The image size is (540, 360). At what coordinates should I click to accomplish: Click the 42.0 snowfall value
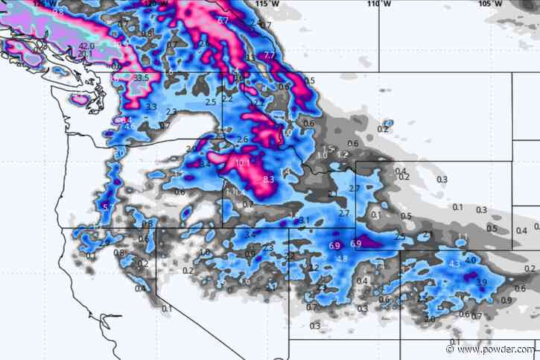pyautogui.click(x=86, y=45)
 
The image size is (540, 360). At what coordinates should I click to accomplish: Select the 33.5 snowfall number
pyautogui.click(x=142, y=78)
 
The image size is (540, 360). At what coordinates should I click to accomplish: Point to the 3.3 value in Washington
pyautogui.click(x=151, y=107)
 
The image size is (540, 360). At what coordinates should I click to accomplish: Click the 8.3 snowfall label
pyautogui.click(x=269, y=179)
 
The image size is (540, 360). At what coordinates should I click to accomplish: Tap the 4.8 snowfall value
pyautogui.click(x=342, y=259)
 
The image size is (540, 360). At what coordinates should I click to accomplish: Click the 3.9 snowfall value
pyautogui.click(x=481, y=282)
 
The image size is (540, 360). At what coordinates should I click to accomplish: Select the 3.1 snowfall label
pyautogui.click(x=304, y=220)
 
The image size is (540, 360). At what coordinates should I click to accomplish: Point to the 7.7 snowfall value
pyautogui.click(x=270, y=56)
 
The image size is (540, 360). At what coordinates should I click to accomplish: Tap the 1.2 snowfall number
pyautogui.click(x=343, y=154)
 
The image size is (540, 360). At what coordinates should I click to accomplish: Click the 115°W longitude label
pyautogui.click(x=261, y=4)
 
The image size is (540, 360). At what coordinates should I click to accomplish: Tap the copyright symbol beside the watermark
pyautogui.click(x=449, y=349)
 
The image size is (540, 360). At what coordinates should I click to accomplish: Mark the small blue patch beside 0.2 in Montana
pyautogui.click(x=387, y=123)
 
